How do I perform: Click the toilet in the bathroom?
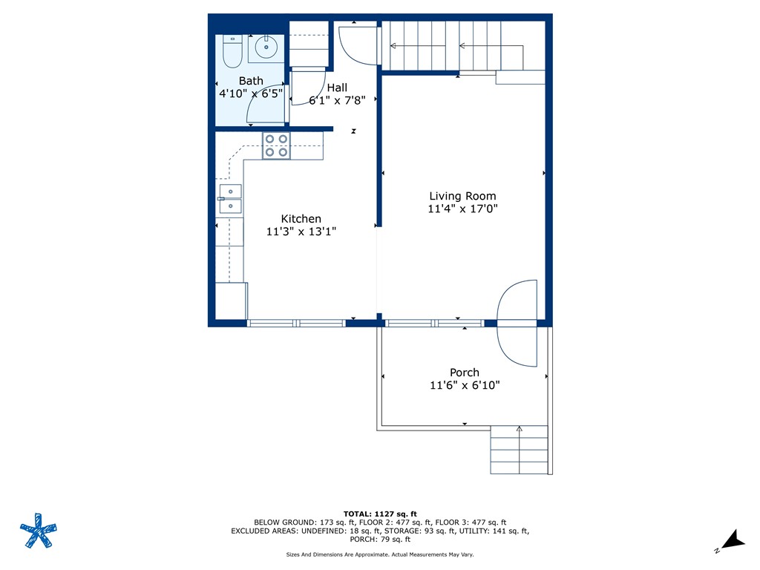(232, 51)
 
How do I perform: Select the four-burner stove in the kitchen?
(276, 145)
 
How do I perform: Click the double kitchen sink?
(230, 198)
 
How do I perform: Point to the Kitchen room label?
(301, 219)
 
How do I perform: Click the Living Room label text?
(462, 196)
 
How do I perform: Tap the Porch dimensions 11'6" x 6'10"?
(464, 385)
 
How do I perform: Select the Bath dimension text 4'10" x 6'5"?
(250, 94)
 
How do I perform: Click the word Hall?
(337, 88)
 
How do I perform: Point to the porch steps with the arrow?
(519, 450)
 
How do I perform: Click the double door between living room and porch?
(517, 323)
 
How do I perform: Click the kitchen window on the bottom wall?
(296, 323)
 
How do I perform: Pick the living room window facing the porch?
(435, 323)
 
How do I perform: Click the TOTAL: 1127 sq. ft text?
(380, 514)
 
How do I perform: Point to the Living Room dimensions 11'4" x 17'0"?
(462, 209)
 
